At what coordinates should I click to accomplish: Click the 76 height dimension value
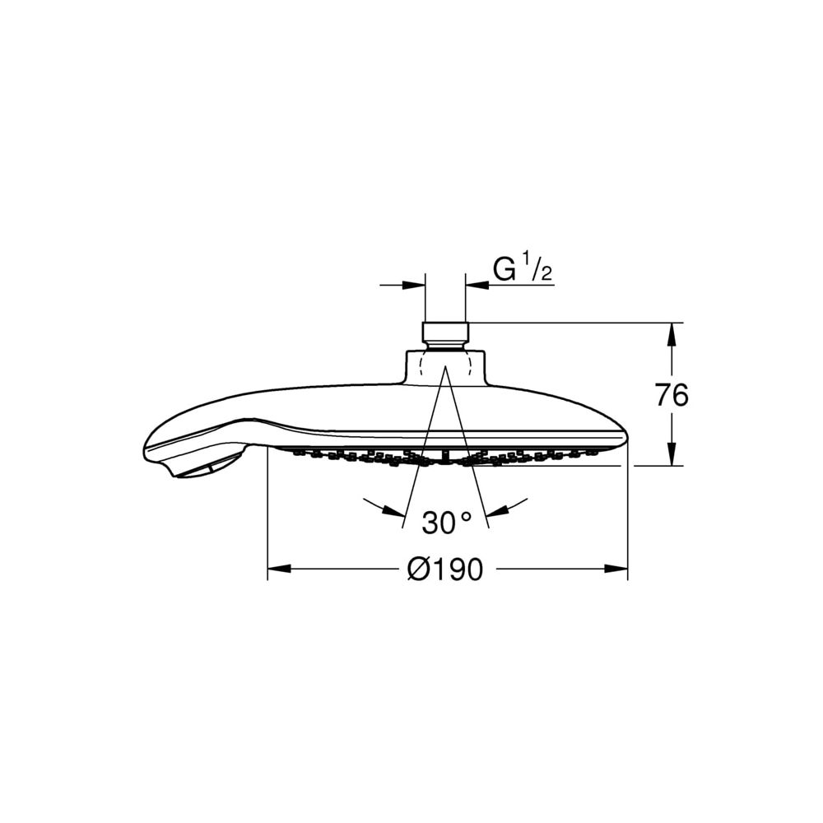(x=672, y=395)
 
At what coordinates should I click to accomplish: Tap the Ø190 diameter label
(x=445, y=569)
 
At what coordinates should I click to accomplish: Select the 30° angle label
(x=447, y=523)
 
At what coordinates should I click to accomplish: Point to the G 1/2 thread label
(x=523, y=269)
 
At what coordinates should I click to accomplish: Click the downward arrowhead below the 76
(x=672, y=454)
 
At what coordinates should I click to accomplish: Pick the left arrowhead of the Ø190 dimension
(x=279, y=569)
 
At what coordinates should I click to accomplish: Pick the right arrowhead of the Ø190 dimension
(x=616, y=569)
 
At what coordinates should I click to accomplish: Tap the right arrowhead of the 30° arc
(x=497, y=510)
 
